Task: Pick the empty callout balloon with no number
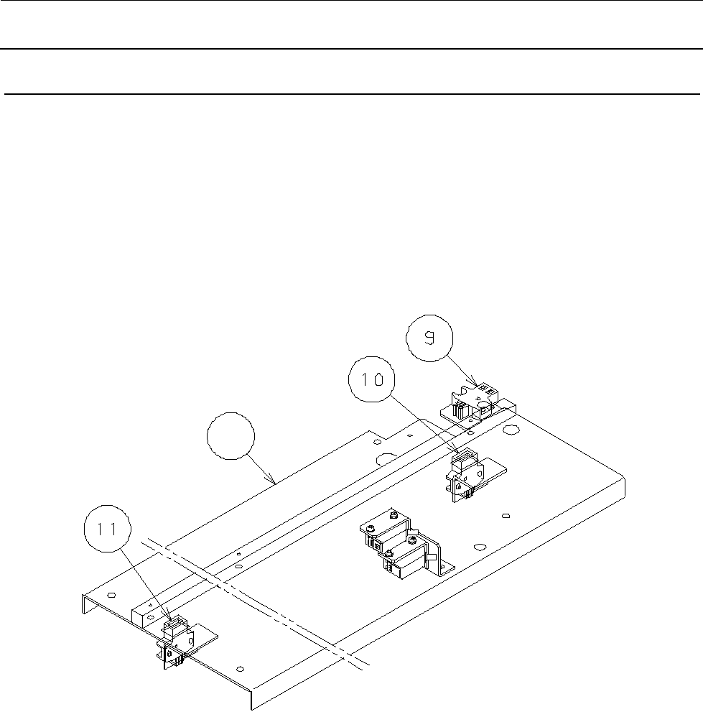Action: tap(231, 440)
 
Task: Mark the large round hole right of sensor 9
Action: tap(511, 430)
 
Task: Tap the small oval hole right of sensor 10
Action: tap(507, 516)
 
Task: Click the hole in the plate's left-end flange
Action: tap(111, 596)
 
